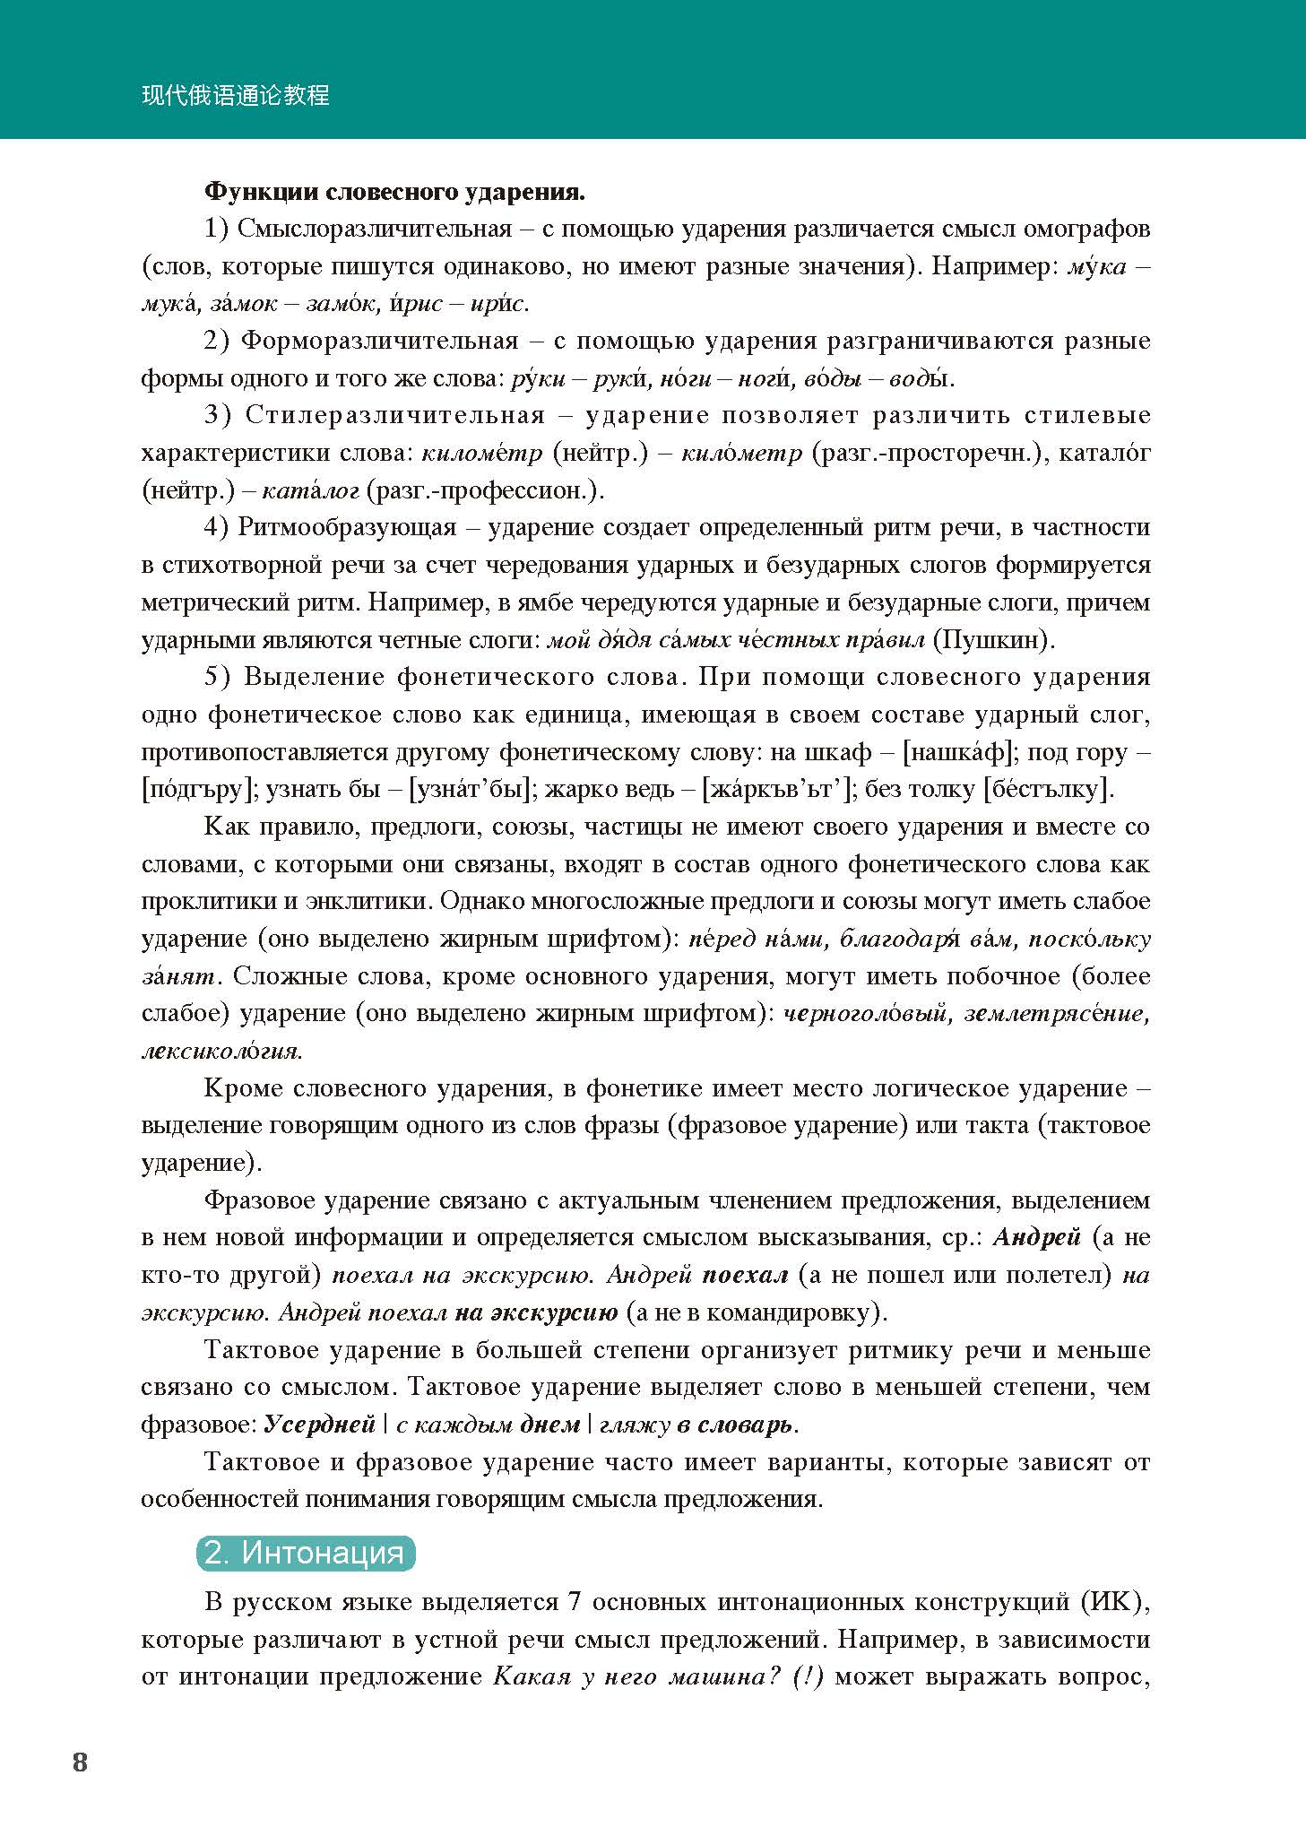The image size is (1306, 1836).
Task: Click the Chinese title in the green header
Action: [236, 96]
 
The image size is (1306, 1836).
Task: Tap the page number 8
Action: [80, 1762]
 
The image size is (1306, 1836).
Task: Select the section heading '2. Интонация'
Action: [305, 1552]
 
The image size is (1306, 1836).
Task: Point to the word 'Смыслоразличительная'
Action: [374, 229]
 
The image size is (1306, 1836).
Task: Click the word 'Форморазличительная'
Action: [380, 341]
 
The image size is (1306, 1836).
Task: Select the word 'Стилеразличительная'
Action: [395, 415]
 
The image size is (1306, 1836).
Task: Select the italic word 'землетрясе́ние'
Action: [1055, 1013]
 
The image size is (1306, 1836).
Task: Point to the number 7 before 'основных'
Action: [575, 1601]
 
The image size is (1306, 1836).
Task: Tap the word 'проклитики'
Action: [205, 901]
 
